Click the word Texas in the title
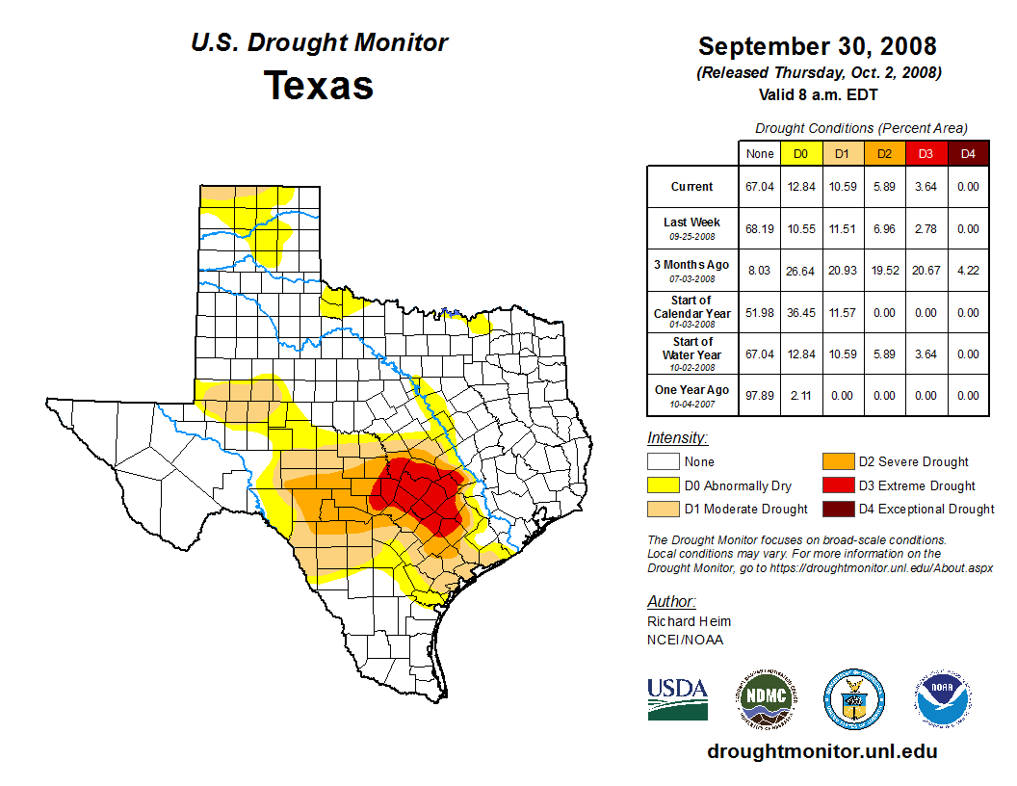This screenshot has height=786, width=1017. coord(319,85)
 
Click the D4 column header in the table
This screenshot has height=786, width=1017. coord(968,153)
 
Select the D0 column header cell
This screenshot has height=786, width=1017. coord(800,153)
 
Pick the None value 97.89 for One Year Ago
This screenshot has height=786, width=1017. coord(759,395)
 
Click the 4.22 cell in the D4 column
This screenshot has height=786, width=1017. coord(968,271)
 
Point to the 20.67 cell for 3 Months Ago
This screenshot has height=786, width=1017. coord(926,271)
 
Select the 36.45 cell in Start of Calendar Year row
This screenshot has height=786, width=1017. coord(800,313)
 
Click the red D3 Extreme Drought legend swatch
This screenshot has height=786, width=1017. coord(837,485)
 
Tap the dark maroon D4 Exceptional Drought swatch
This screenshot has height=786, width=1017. coord(837,509)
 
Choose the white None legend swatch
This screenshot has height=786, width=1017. coord(663,462)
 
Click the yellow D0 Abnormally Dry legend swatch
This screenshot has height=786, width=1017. coord(663,485)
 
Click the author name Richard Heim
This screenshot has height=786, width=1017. coord(689,621)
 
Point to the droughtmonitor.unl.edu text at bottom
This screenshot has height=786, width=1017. coord(821,751)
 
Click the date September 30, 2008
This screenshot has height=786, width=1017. coord(817,46)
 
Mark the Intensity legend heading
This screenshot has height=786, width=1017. coord(677,438)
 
